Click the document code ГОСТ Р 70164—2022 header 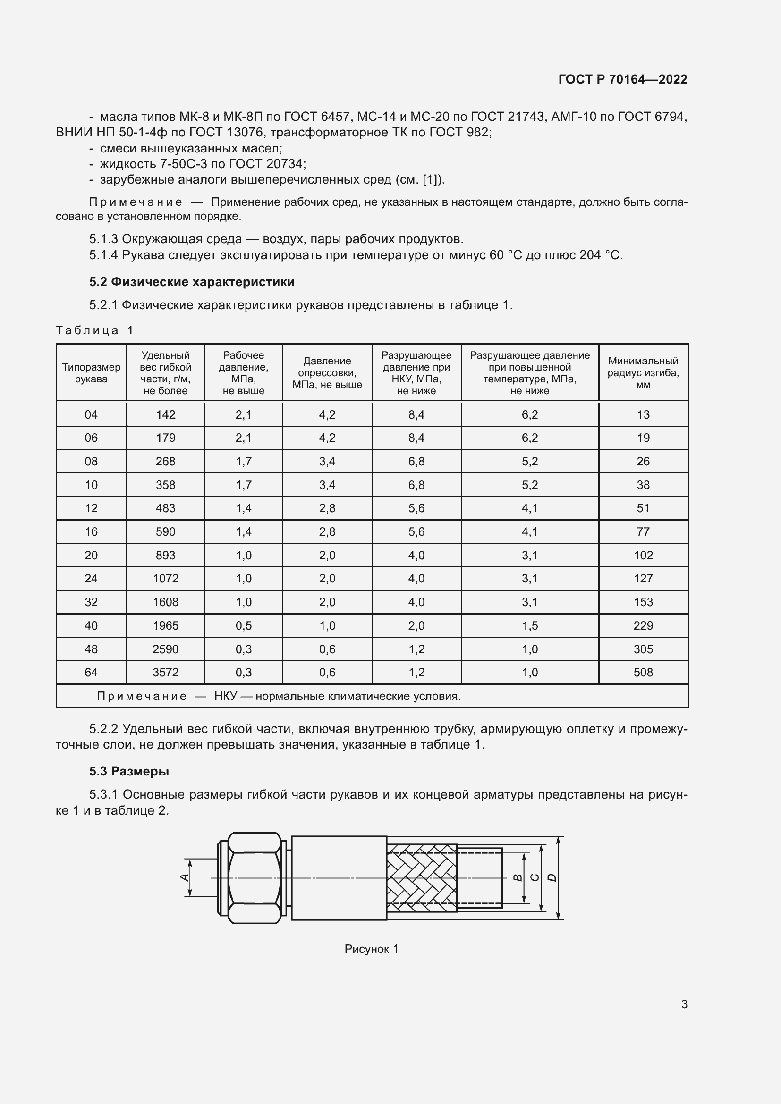coord(623,79)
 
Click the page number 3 coord(684,1004)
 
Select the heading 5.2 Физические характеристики coord(191,282)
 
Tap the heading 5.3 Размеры coord(129,771)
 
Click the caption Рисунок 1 coord(371,949)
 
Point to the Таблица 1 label coord(94,330)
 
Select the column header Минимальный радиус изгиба coord(643,373)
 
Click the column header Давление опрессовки coord(327,373)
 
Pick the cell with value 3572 coord(165,672)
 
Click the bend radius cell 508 coord(643,672)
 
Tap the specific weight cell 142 coord(165,414)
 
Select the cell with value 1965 coord(165,625)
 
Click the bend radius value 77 coord(643,532)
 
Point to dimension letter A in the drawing coord(183,877)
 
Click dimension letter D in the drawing coord(552,877)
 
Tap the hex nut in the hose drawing coord(255,878)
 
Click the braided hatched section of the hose coord(421,878)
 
